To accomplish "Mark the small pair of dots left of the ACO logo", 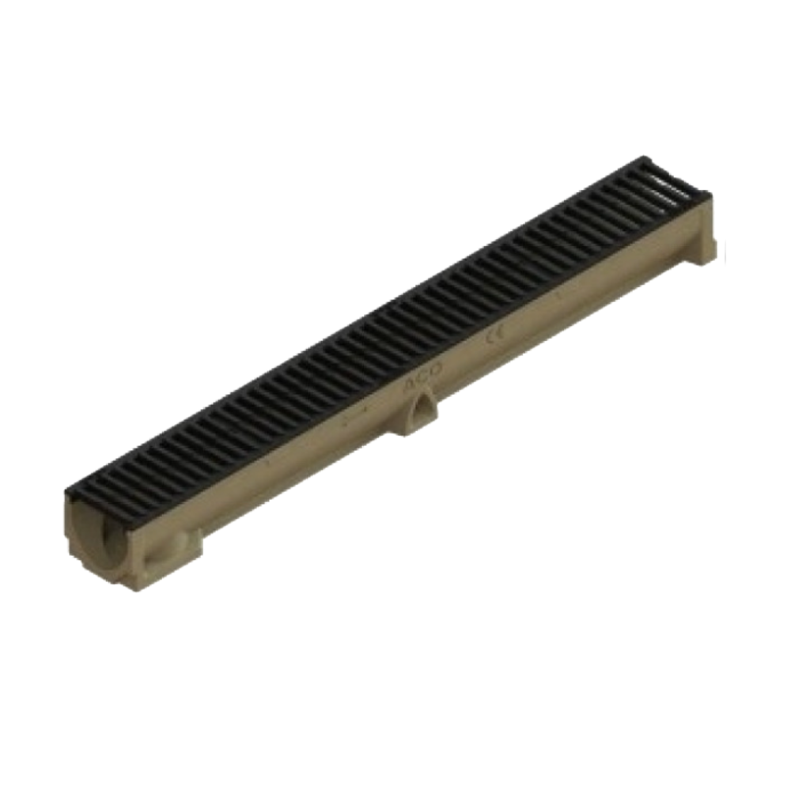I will click(x=360, y=413).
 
